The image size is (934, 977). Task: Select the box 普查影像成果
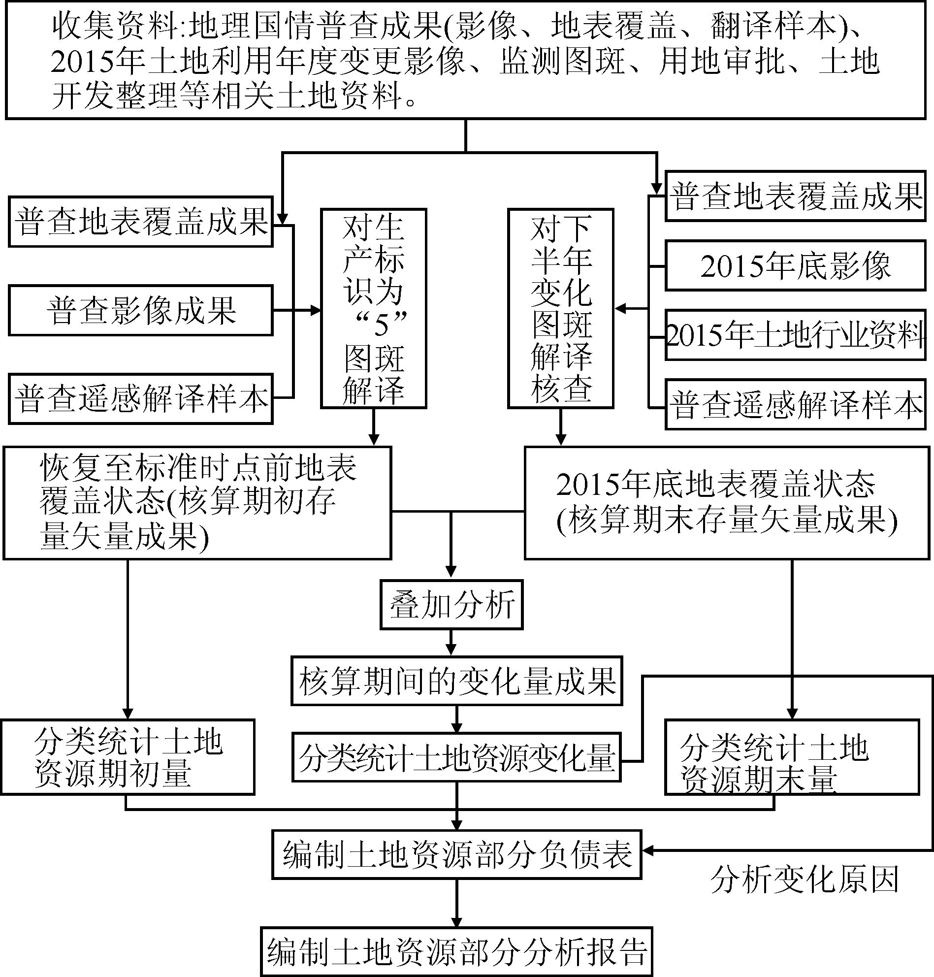pos(141,310)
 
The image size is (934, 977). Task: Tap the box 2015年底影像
pos(795,266)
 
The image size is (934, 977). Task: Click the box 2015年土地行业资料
pos(795,335)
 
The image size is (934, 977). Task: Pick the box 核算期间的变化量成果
pos(456,681)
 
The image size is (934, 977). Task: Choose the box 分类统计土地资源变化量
pos(456,756)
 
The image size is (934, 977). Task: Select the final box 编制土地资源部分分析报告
pos(456,951)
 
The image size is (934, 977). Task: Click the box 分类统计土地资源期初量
pos(128,756)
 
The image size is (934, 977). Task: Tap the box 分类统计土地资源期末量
pos(792,756)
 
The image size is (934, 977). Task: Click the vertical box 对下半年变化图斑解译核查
pos(561,308)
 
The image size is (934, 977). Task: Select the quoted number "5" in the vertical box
pos(381,324)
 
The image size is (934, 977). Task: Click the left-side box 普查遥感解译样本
pos(141,399)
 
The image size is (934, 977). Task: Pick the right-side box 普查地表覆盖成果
pos(795,196)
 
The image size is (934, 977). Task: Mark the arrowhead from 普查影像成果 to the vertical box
pos(316,310)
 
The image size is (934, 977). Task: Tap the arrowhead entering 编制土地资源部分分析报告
pos(456,922)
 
